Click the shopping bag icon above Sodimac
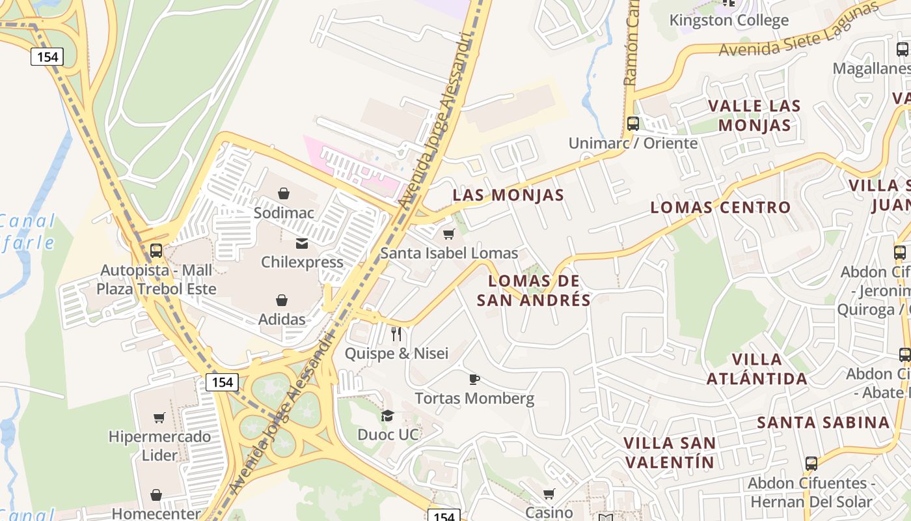point(283,193)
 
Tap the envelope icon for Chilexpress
point(302,244)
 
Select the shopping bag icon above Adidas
point(282,300)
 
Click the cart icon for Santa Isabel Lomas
point(448,234)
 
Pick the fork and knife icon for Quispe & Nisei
point(396,334)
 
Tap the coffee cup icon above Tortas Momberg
point(474,379)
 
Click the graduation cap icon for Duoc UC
point(388,415)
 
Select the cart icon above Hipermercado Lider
point(159,417)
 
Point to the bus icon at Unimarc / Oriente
point(632,124)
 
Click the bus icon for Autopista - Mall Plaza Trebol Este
point(156,251)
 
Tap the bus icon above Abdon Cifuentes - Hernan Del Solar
point(811,464)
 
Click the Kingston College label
point(729,20)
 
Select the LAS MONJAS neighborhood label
point(508,195)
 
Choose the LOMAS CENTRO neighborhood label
point(720,207)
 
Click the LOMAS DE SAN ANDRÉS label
point(534,290)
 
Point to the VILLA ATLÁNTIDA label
point(757,369)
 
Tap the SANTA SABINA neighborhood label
point(823,422)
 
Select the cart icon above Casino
point(549,494)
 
